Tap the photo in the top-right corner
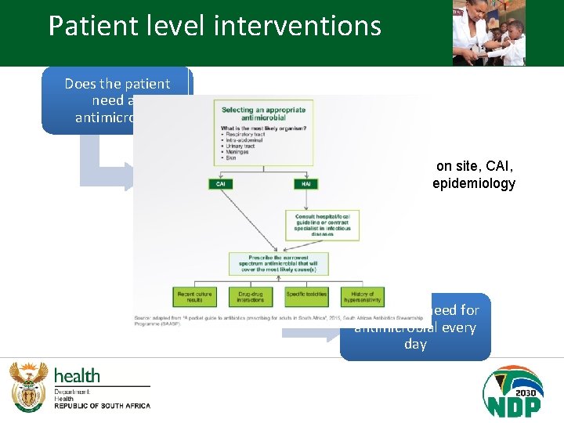[x=489, y=32]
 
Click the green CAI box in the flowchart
[x=220, y=184]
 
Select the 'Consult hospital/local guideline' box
[x=323, y=224]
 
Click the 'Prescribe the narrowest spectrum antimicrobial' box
[x=279, y=263]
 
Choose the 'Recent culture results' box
[x=194, y=297]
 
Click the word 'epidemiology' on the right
[x=473, y=183]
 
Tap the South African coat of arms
[x=28, y=387]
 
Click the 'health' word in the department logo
[x=77, y=376]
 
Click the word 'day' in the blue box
[x=415, y=345]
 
